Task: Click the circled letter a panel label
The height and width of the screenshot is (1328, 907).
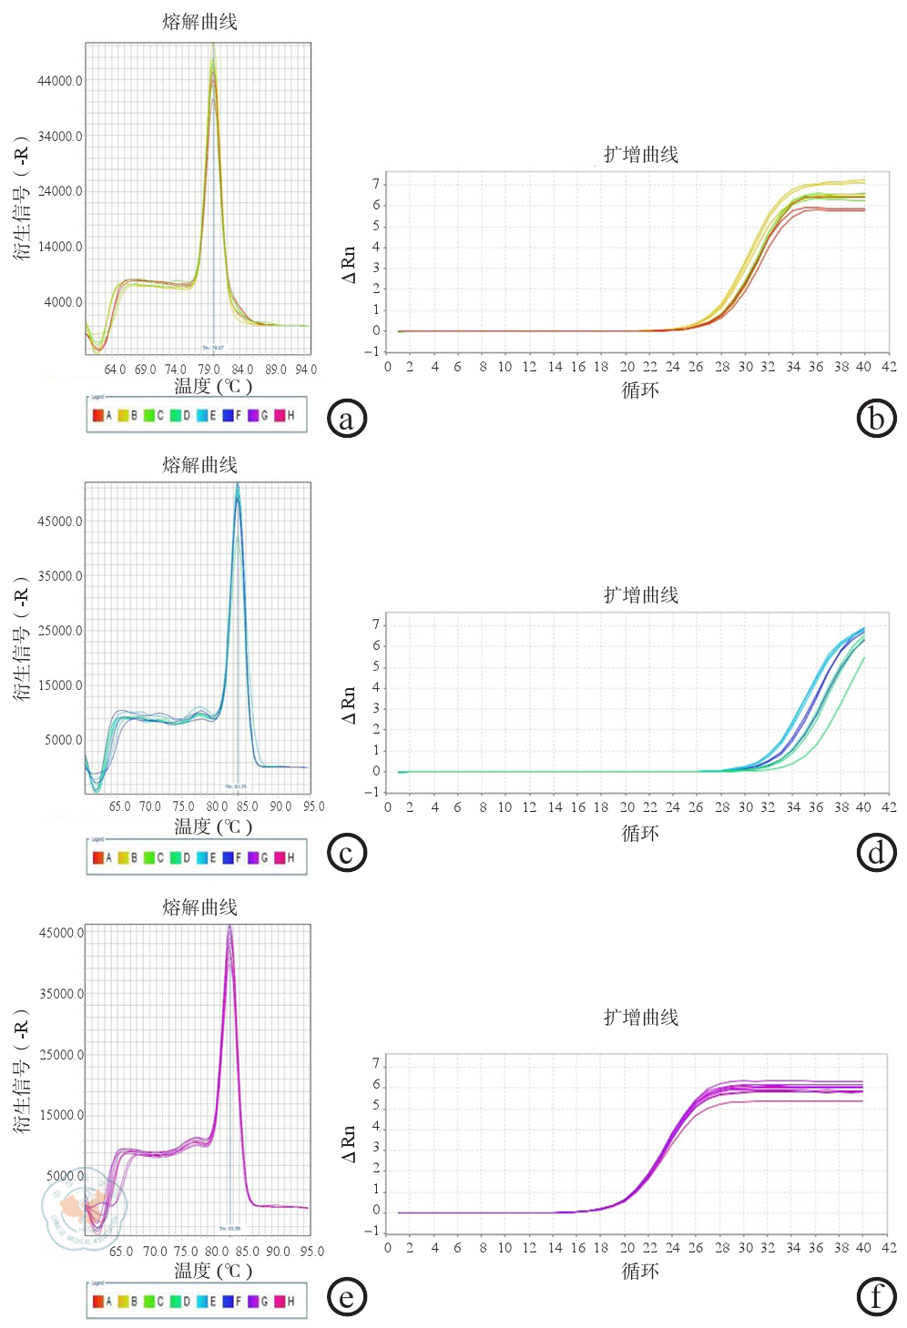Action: click(x=346, y=419)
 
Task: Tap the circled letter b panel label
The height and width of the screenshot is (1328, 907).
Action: click(x=876, y=419)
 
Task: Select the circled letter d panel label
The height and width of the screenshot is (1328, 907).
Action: click(x=876, y=853)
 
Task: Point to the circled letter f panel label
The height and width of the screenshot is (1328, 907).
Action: click(x=876, y=1296)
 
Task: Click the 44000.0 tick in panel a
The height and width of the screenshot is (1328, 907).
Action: click(x=60, y=81)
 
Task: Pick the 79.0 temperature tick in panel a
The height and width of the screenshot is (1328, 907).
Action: click(x=209, y=370)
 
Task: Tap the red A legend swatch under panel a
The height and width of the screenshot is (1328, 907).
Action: click(x=98, y=416)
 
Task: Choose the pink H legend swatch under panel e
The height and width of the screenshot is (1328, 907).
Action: click(x=280, y=1302)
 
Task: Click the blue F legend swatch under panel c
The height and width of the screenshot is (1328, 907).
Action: click(x=229, y=857)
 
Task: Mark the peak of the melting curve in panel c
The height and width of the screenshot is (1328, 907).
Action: click(x=238, y=485)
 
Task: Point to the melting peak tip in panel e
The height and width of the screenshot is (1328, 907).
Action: click(x=230, y=927)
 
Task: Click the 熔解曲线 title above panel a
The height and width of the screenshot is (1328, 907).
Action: click(x=199, y=22)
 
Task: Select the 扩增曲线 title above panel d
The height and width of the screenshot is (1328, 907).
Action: click(x=641, y=595)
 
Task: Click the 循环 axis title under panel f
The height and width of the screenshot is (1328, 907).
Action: click(x=640, y=1271)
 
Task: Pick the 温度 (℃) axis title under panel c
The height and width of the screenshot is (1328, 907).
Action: click(x=213, y=826)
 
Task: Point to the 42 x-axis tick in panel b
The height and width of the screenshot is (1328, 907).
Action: click(x=889, y=367)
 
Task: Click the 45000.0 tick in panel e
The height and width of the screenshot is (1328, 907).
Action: click(x=61, y=933)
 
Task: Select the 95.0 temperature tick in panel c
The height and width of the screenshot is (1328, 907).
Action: click(x=313, y=806)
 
